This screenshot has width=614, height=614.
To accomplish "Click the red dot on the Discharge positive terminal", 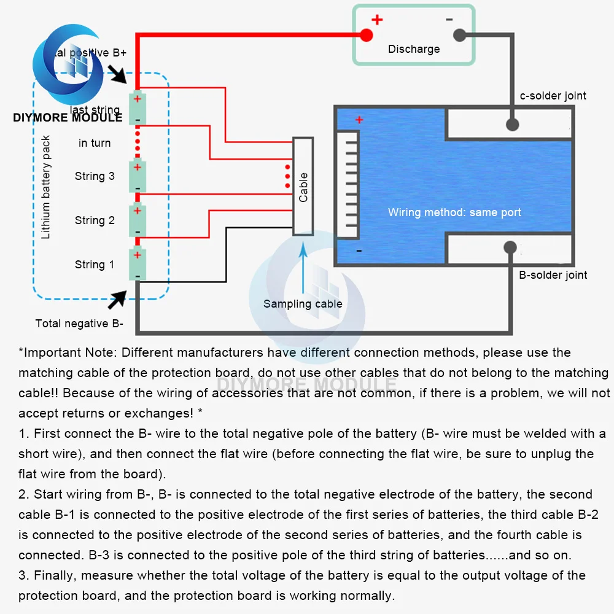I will coord(366,35).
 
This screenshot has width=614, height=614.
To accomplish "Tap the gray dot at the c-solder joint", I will coord(512,125).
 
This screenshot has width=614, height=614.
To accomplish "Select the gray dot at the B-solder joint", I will coord(509,247).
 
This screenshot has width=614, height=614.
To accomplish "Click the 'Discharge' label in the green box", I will coord(414,49).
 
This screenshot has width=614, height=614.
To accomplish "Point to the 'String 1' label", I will coord(95,265).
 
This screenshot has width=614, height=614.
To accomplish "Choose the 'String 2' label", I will coord(95,220).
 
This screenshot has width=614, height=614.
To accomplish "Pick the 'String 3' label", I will coord(95,176).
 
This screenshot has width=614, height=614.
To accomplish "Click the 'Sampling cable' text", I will coord(303,304).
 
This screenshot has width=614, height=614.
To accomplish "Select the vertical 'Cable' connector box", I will coord(303,187).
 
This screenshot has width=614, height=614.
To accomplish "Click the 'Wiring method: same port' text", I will coord(454,212).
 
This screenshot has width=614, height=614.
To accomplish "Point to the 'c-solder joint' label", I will coord(553,96).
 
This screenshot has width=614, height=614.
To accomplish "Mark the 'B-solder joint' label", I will coord(553,275).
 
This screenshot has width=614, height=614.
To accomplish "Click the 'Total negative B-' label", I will coord(79,324).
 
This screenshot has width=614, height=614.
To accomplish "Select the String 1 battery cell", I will coord(138,265).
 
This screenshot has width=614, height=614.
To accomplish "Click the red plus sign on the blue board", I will coord(359,120).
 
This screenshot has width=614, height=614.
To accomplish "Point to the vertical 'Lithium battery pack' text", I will coord(46,187).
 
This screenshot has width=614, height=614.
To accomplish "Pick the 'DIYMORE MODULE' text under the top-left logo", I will coord(68,117).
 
